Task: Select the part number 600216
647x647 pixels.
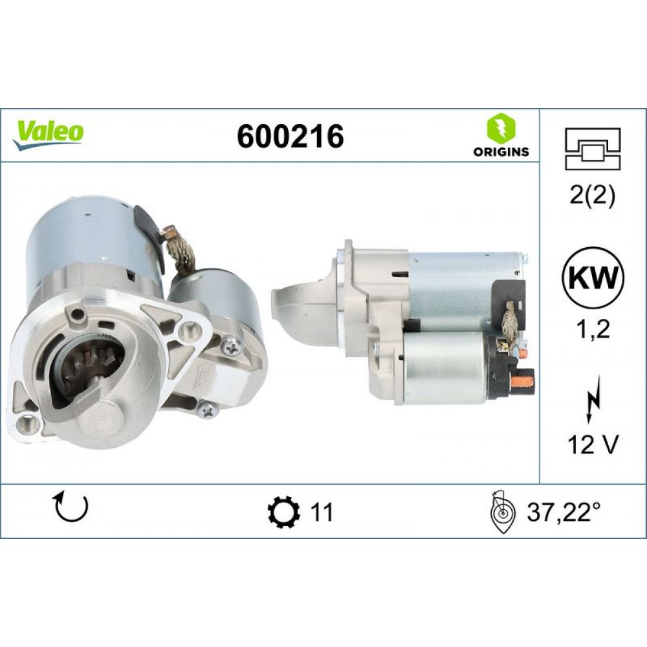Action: pos(290,137)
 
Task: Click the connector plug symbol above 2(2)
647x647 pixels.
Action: pos(593,148)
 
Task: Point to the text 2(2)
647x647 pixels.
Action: pos(593,196)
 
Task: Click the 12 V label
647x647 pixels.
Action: pos(593,445)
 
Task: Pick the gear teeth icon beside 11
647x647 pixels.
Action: pos(283,512)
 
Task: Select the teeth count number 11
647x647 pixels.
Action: pos(322,512)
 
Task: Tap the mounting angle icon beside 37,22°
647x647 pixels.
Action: pos(502,512)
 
